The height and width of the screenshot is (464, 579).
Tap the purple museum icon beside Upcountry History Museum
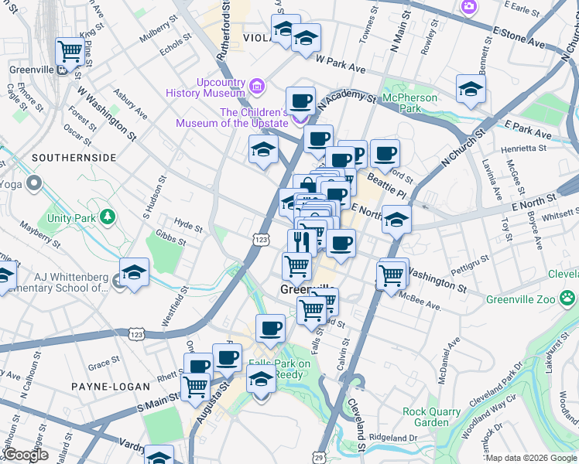click(x=258, y=83)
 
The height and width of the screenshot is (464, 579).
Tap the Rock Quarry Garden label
click(x=430, y=417)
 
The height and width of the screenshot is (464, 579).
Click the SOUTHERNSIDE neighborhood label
click(x=74, y=158)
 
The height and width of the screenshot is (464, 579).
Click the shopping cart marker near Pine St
click(x=70, y=52)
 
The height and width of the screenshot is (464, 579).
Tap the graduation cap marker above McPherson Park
click(x=471, y=88)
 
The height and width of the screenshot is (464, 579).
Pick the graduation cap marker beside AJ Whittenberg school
click(x=134, y=272)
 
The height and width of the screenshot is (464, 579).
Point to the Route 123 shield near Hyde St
click(x=261, y=241)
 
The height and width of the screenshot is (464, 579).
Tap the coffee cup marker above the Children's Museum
click(x=300, y=101)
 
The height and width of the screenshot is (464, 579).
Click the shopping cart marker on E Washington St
click(x=392, y=274)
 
